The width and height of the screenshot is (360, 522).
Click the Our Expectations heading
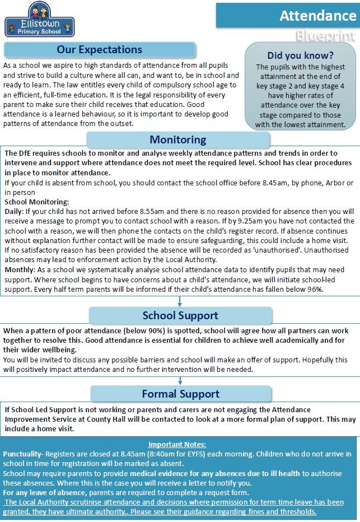pos(100,50)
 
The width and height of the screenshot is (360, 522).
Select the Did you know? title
pos(301,55)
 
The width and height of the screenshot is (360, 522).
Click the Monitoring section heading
pos(177,139)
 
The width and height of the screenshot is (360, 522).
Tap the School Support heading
pos(181,315)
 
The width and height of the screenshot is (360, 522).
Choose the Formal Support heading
pos(180,394)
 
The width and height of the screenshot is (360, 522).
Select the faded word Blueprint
pos(325,37)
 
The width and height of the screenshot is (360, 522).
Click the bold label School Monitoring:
pos(36,202)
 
